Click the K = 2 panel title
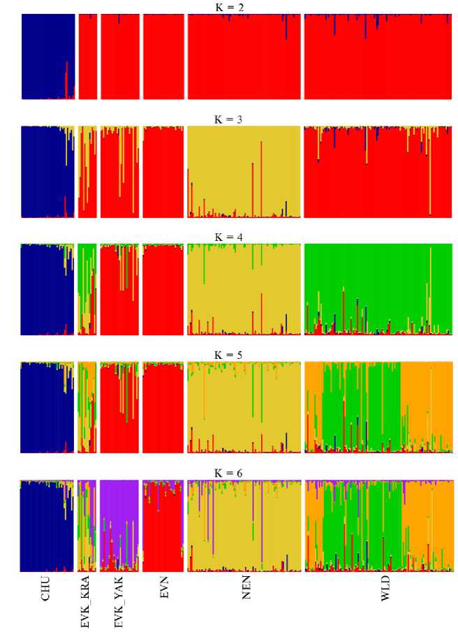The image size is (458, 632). coord(229,7)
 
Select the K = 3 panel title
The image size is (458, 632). coord(229,119)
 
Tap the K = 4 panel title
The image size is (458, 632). coord(229,237)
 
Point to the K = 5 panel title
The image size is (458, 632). coord(229,355)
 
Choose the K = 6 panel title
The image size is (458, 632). coord(229,473)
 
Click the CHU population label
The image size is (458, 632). coord(46,589)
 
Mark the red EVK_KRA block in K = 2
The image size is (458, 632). coord(87,56)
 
